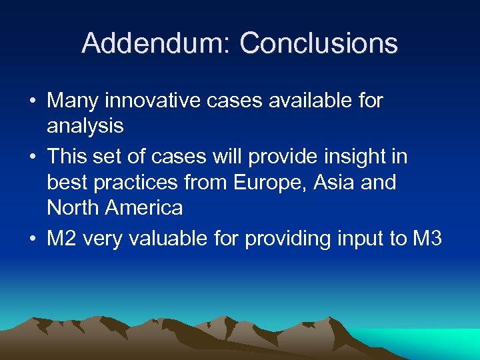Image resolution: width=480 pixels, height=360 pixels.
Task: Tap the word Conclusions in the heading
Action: pos(319,44)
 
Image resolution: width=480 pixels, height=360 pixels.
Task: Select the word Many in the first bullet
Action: pos(73,101)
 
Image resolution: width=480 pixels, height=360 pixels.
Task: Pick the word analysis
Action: pos(85,126)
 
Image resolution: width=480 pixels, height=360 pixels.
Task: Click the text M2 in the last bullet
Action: pos(61,239)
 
